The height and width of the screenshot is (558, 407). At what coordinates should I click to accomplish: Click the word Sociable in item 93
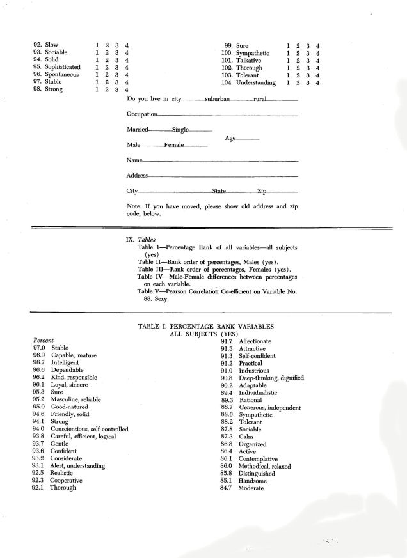point(56,52)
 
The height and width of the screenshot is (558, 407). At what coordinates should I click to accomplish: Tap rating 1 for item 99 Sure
point(289,46)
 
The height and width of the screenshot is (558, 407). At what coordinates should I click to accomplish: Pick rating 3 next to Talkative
point(308,61)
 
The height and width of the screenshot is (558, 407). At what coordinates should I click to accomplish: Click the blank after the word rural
point(282,100)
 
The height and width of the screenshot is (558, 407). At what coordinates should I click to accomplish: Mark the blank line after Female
point(196,147)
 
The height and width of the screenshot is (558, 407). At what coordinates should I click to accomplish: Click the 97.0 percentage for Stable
point(40,348)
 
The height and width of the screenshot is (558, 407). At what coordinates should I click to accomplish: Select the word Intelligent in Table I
point(65,362)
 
